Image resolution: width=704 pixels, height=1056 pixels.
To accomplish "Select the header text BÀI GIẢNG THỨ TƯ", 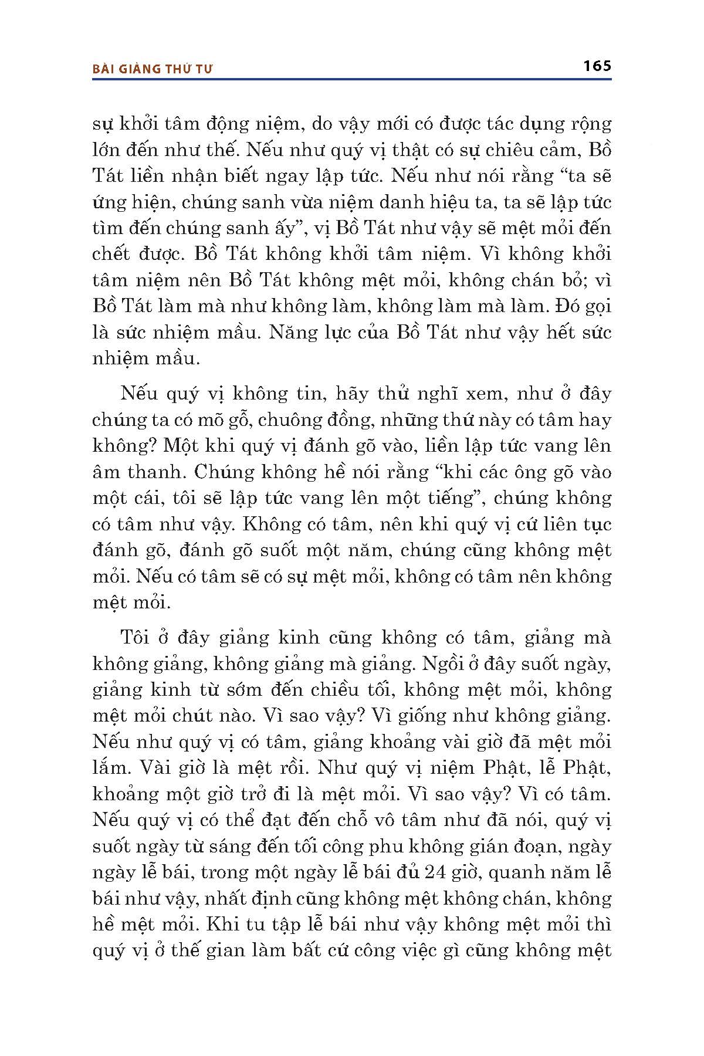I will (153, 69).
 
